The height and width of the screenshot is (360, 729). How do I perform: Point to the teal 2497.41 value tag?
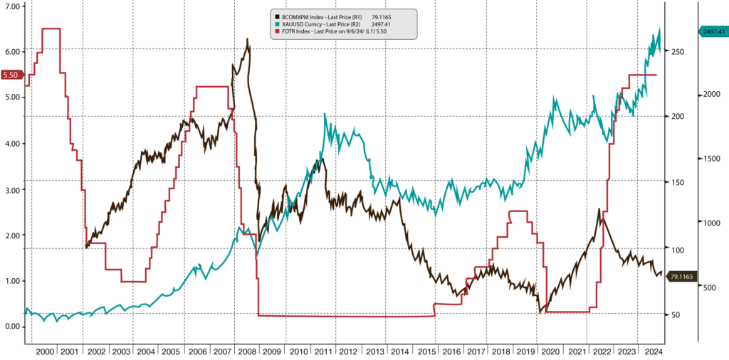[x=710, y=32]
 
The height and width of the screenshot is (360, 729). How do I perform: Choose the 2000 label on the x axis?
[x=44, y=351]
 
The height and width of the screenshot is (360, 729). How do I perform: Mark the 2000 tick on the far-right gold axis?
[x=706, y=95]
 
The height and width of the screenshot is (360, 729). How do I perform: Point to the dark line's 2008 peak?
[x=247, y=40]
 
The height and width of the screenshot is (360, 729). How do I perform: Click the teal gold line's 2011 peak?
[x=325, y=114]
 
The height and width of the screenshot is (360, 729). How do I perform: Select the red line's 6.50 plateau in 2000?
[x=51, y=28]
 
